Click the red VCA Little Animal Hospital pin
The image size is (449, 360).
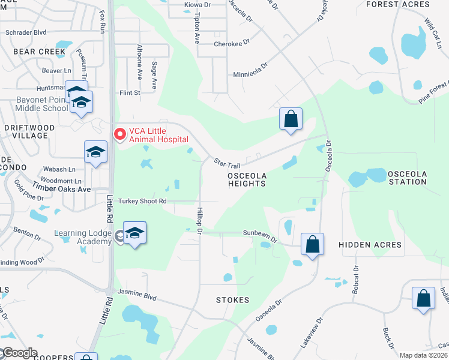coord(119,133)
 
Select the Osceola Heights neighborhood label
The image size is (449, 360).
coord(246,179)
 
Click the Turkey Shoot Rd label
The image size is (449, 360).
coord(142,202)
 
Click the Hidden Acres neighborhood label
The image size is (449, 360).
coord(370,245)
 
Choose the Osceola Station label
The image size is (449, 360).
coord(407,178)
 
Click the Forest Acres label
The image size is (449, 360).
coord(398,4)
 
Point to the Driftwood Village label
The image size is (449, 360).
coord(29,131)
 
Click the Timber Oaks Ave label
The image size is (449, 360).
coord(61,188)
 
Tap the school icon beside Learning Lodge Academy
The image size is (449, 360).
coord(134,233)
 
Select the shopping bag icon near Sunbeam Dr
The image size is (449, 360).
coord(312,244)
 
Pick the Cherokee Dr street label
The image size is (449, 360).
coord(231,44)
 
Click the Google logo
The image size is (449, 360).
coord(19,353)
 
